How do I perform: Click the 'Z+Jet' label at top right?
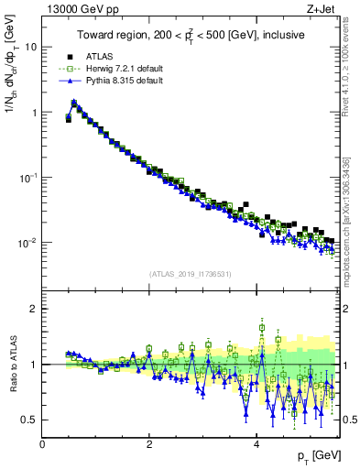point(322,8)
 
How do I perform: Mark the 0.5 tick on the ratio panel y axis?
point(31,420)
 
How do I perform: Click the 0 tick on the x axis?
point(43,443)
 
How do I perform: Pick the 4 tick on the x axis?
point(256,443)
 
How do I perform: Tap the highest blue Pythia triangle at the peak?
point(73,102)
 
